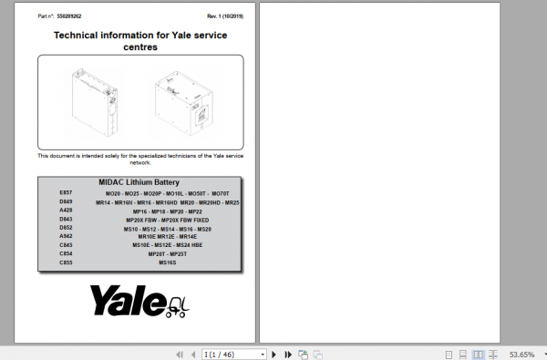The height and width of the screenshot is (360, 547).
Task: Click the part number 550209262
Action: point(69,16)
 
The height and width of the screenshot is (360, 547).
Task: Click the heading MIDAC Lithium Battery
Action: point(139,182)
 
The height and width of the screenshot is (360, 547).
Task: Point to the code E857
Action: point(66,193)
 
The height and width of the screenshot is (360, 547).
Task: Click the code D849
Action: point(66,202)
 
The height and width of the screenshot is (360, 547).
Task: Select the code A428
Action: point(66,211)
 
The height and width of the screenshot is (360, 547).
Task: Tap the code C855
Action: point(66,262)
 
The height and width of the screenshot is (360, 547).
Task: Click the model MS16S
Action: point(168,262)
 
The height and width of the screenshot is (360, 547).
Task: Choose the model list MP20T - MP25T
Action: point(168,254)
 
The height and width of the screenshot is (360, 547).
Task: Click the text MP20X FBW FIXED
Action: point(190,220)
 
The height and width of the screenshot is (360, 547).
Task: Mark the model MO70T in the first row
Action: point(220,194)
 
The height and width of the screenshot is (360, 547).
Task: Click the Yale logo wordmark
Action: point(128,299)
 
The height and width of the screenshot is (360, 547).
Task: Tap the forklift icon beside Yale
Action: point(180,302)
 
